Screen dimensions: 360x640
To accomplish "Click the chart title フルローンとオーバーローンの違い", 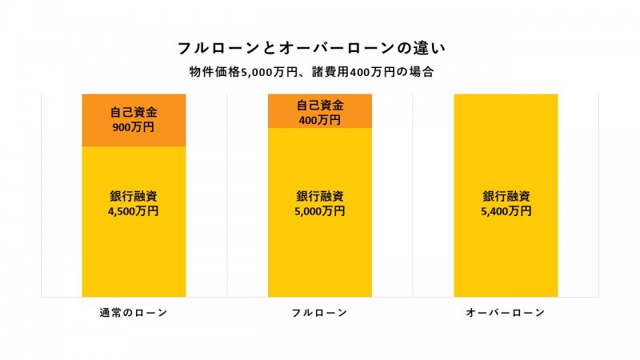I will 320,48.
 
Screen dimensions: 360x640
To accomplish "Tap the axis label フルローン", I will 320,313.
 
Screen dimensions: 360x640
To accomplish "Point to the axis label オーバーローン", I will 506,313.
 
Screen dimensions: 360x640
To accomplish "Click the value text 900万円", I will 134,127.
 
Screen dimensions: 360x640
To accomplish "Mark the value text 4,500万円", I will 134,211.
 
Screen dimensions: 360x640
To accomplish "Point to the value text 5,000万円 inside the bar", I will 320,211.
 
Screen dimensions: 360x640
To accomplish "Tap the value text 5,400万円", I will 506,211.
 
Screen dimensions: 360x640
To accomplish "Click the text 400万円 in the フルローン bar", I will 320,120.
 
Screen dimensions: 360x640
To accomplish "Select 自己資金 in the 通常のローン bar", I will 134,113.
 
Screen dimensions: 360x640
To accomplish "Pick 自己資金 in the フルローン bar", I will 320,105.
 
